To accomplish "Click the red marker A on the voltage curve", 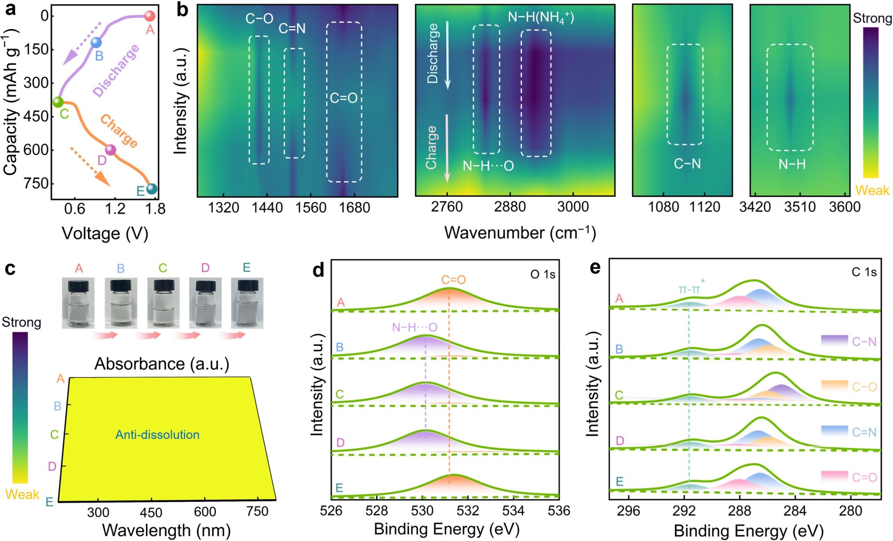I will tap(149, 16).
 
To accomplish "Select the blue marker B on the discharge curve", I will tap(96, 43).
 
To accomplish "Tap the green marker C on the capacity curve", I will tap(58, 102).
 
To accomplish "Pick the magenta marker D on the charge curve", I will tap(111, 150).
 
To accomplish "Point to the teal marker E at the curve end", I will tap(152, 189).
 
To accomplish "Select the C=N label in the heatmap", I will tap(292, 29).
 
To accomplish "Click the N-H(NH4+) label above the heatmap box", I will tap(541, 18).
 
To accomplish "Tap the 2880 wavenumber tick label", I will tap(510, 207).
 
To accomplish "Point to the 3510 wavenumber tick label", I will tap(800, 207).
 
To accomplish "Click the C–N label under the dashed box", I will tap(687, 164).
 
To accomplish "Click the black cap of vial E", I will tap(247, 286).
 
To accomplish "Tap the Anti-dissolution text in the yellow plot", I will tap(157, 435).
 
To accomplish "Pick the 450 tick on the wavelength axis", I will tap(151, 512).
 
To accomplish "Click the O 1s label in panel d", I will tap(542, 274).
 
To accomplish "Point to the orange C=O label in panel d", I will tap(453, 280).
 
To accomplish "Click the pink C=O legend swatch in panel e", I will tap(834, 476).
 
